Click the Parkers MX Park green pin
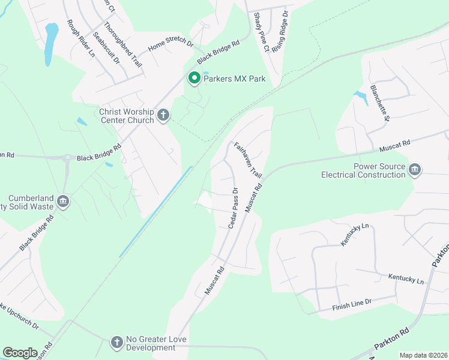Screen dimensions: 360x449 coord(194,79)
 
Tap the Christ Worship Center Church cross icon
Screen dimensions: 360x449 coord(163,115)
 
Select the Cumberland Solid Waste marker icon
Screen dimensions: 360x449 coord(64,202)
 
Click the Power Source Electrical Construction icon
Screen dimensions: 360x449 coord(414,170)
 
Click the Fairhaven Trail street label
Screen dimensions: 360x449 coord(249,160)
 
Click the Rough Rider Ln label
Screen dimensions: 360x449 coord(80,38)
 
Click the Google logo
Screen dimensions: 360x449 coord(20,353)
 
